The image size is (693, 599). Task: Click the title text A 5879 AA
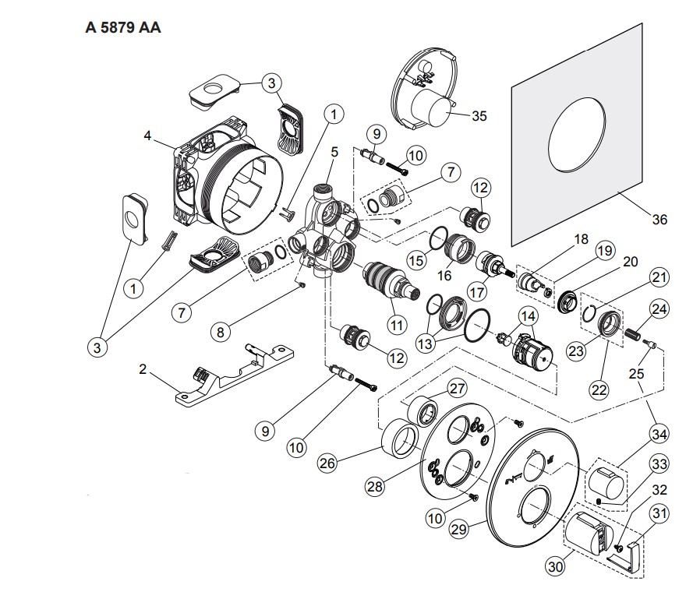123,28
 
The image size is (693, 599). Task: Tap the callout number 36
659,219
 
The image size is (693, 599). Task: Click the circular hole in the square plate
576,134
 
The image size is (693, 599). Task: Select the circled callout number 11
397,326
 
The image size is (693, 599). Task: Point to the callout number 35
479,116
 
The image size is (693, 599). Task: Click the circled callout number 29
459,529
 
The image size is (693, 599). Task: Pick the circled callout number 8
220,331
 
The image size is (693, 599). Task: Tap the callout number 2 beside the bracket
143,369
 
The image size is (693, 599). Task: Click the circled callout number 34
659,434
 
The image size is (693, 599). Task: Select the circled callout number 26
327,463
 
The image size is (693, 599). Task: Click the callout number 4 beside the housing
147,136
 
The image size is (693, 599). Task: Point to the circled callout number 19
605,251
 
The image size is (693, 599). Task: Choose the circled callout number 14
529,316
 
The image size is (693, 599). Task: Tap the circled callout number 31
659,513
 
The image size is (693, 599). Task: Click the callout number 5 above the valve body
334,152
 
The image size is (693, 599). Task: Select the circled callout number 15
416,261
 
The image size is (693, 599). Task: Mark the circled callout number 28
375,487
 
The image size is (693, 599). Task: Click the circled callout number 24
659,308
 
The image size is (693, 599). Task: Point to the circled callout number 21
659,277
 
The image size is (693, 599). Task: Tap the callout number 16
444,275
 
